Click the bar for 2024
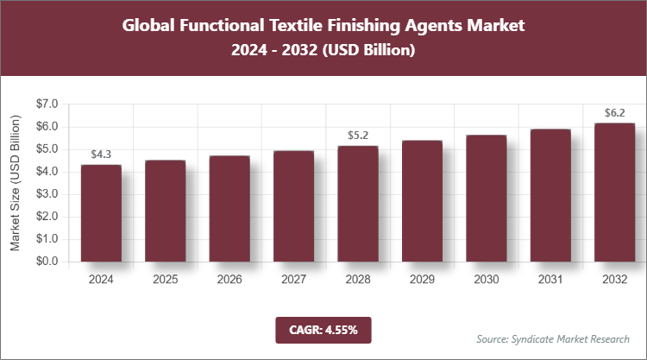[101, 212]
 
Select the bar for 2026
[229, 208]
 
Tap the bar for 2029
[422, 200]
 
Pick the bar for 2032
[614, 192]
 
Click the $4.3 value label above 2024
[101, 155]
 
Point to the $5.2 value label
[358, 136]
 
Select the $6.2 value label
[614, 113]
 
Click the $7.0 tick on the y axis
[44, 104]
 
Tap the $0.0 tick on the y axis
[44, 262]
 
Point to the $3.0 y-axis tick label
[44, 194]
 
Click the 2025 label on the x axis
[166, 280]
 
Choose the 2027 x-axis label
[293, 280]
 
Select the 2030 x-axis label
[486, 280]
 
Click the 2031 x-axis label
[550, 280]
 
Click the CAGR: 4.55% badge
[323, 329]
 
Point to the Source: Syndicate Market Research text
[553, 338]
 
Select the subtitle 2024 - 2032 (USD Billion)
[323, 51]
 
